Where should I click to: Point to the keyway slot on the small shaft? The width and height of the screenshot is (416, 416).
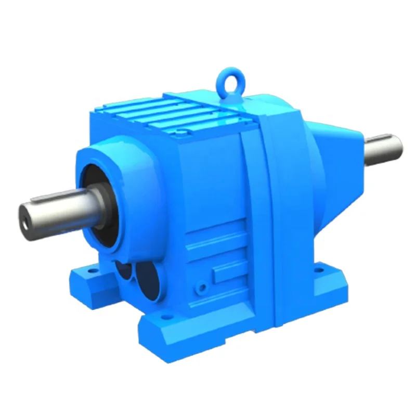pyautogui.click(x=382, y=139)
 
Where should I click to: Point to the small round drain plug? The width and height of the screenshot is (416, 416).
pyautogui.click(x=200, y=287)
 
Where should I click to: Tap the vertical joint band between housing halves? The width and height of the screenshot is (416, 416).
pyautogui.click(x=268, y=208)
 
